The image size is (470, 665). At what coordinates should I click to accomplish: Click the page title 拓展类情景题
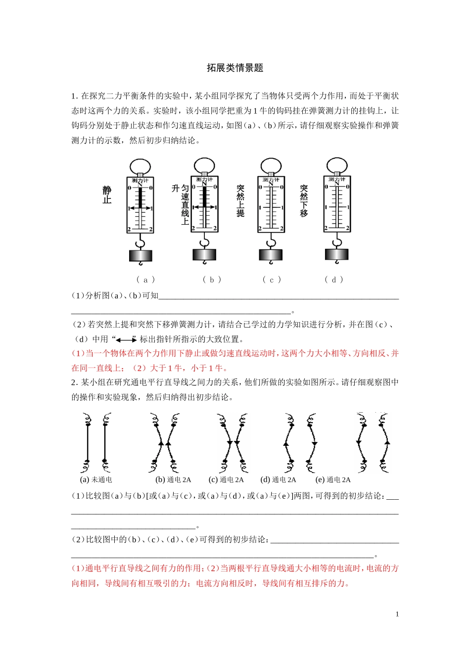pos(235,68)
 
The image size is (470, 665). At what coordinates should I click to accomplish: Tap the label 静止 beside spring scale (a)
pos(107,195)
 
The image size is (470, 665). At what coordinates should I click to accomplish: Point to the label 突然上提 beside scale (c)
pos(240,201)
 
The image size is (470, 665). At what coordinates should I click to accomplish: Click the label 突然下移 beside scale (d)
pos(304,201)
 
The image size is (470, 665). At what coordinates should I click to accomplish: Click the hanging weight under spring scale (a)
pos(141,256)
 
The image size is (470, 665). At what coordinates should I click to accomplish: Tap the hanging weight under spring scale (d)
pos(337,255)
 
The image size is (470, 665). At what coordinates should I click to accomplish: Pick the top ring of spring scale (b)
pos(204,165)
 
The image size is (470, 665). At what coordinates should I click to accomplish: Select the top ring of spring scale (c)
pos(271,165)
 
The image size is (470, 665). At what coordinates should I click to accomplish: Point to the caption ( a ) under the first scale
pos(145,280)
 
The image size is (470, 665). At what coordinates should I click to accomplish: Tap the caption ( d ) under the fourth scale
pos(334,280)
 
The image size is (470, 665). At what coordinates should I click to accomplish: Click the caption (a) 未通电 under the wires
pos(96,479)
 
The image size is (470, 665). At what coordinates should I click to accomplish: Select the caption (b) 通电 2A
pos(173,479)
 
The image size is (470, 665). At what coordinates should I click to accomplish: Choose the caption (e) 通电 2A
pos(333,479)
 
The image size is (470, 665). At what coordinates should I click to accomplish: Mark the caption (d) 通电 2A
pos(278,479)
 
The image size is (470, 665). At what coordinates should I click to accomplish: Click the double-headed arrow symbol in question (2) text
pos(127,339)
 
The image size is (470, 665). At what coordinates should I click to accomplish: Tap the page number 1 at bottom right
pos(397,614)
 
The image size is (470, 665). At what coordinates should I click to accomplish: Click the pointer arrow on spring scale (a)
pos(141,208)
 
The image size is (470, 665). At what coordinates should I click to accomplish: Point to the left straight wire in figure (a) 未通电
pos(88,443)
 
